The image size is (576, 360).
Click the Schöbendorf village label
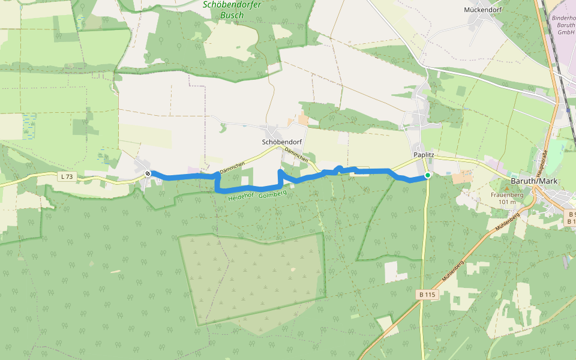281,142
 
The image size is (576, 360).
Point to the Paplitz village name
424,155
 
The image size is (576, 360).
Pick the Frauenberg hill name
507,195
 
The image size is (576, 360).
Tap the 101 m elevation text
507,202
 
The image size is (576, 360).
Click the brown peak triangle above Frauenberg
506,188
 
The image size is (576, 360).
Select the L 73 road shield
68,176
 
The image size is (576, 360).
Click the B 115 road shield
428,294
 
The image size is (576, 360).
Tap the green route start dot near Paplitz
428,175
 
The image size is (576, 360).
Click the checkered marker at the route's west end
148,173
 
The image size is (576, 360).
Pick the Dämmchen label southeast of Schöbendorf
297,155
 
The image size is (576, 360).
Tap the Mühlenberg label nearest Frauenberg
508,227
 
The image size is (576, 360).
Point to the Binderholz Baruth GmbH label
564,25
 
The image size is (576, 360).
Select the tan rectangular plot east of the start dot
462,178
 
